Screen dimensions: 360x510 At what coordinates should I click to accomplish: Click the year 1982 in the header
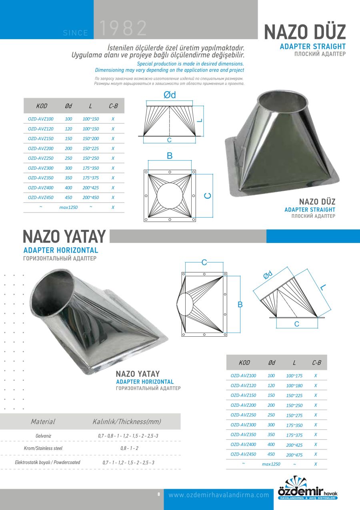[x=123, y=28]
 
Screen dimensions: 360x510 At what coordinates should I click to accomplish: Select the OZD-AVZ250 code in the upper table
[x=41, y=158]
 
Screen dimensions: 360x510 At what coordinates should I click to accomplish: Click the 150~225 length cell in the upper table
[x=91, y=149]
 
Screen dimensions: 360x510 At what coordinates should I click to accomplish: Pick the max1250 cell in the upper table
[x=68, y=207]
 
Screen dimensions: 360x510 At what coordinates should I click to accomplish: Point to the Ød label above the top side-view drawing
[x=170, y=95]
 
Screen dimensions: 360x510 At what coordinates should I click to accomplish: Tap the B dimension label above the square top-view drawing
[x=170, y=156]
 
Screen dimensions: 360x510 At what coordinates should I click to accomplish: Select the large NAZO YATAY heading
[x=64, y=237]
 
